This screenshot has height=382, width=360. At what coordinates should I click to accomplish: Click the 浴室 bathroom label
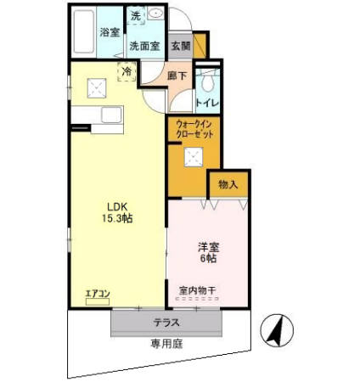point(109,33)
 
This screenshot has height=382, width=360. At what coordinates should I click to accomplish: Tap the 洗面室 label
point(144,47)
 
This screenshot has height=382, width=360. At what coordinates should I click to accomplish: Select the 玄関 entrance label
point(179,46)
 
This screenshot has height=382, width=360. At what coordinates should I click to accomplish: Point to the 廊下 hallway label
point(177,75)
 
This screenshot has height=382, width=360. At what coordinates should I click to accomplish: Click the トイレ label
point(208,104)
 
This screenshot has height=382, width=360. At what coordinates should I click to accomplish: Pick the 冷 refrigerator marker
point(127,71)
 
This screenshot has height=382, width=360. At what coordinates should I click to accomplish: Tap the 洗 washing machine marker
point(135,16)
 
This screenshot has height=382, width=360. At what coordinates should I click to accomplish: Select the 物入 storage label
point(228,183)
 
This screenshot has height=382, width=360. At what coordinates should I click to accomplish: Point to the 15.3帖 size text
point(118,218)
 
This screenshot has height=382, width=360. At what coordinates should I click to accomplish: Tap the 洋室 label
point(209,247)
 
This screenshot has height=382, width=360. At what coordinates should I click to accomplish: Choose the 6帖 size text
point(209,260)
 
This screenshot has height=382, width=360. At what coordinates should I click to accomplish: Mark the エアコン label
point(98,295)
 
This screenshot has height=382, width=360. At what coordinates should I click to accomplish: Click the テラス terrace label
point(166,323)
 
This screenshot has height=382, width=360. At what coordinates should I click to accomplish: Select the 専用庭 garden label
point(166,344)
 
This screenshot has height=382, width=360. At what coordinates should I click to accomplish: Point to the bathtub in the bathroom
point(82,33)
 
